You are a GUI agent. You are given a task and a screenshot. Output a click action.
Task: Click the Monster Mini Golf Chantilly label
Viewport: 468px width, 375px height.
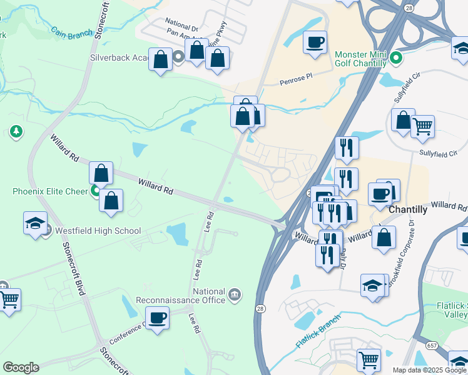click(x=361, y=59)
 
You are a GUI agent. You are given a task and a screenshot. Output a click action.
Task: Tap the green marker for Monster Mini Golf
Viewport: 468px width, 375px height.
click(x=395, y=59)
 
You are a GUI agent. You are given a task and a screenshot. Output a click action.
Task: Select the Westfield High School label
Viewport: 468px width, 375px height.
click(x=98, y=231)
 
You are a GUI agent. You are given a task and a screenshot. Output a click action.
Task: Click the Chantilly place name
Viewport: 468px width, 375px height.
click(x=408, y=210)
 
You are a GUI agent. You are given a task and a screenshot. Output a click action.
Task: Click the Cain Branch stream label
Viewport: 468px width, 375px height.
click(x=72, y=32)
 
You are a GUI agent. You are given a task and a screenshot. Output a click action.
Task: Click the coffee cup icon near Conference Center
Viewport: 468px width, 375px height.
click(x=157, y=317)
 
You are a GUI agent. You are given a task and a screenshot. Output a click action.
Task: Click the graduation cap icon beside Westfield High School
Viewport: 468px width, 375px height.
click(x=35, y=223)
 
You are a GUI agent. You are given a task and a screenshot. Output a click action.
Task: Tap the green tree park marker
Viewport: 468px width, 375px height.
click(x=16, y=132)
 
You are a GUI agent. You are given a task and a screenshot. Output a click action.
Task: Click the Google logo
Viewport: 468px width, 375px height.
click(x=21, y=367)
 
